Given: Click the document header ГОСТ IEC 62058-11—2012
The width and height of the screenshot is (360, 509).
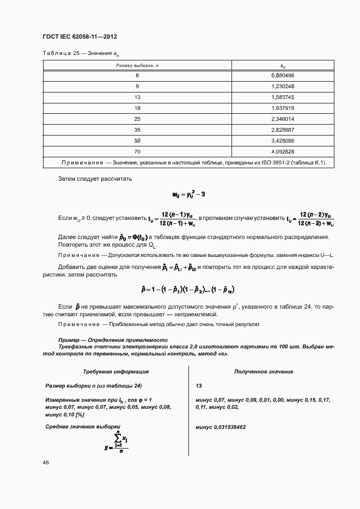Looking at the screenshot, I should pyautogui.click(x=80, y=36).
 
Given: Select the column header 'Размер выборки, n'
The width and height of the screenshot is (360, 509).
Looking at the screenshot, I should pyautogui.click(x=137, y=65).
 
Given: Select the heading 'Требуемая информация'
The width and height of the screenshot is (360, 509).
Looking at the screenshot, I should pyautogui.click(x=115, y=371).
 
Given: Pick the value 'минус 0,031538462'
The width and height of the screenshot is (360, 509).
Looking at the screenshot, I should pyautogui.click(x=220, y=427).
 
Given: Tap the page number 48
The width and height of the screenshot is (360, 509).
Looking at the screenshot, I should pyautogui.click(x=46, y=462).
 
